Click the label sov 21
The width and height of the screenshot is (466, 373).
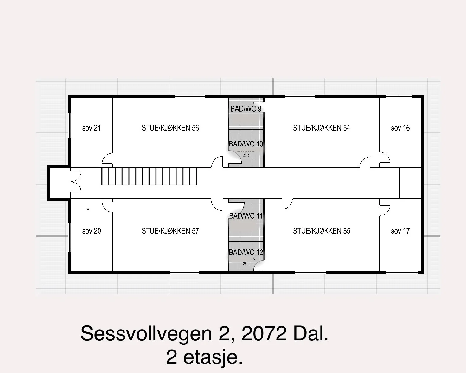(x=91, y=128)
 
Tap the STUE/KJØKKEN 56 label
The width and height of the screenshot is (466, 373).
(x=170, y=128)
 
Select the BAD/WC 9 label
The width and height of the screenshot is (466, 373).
(x=246, y=109)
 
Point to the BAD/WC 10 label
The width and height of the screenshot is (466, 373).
(x=246, y=144)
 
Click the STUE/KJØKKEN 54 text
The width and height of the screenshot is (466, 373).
(x=322, y=128)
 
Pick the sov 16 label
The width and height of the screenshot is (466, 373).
(x=400, y=128)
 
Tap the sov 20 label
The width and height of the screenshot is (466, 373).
(x=92, y=231)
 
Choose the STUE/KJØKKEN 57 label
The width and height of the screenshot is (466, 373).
(x=170, y=231)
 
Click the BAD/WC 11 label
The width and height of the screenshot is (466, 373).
(x=246, y=216)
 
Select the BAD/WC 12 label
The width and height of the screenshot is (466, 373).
(x=246, y=252)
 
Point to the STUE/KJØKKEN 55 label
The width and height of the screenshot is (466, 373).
(x=322, y=231)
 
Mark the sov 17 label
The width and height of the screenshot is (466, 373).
(x=400, y=231)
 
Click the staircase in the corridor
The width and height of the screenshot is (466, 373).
(x=149, y=176)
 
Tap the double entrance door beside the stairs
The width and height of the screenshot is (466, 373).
(x=76, y=182)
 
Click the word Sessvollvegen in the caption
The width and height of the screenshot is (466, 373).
(x=146, y=334)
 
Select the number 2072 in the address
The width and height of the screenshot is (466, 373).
(x=264, y=333)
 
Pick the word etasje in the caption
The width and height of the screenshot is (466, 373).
(x=213, y=358)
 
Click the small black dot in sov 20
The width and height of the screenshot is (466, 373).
(x=88, y=209)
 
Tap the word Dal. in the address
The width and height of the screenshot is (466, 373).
(x=311, y=333)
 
